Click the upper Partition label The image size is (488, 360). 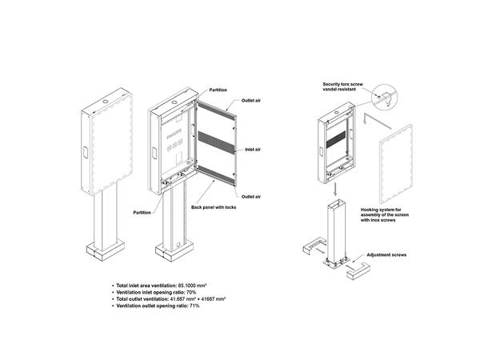[x=218, y=90]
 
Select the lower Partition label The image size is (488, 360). [x=142, y=213]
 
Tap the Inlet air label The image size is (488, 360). [x=253, y=150]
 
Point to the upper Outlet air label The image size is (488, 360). [x=251, y=101]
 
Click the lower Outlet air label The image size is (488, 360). [x=251, y=197]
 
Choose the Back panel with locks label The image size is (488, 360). [x=214, y=207]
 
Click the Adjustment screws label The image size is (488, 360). [x=386, y=255]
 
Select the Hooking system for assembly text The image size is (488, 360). [x=385, y=214]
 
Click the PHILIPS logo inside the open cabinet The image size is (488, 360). [x=173, y=138]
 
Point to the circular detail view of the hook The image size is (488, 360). [x=384, y=97]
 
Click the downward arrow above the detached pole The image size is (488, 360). [x=335, y=189]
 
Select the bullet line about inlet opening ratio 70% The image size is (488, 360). [x=154, y=292]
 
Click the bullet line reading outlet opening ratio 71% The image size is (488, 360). [x=156, y=306]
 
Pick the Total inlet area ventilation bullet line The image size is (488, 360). [x=159, y=286]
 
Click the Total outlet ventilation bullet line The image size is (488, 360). [x=168, y=298]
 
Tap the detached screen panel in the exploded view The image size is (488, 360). [x=396, y=164]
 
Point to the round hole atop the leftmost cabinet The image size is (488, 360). [x=106, y=102]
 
